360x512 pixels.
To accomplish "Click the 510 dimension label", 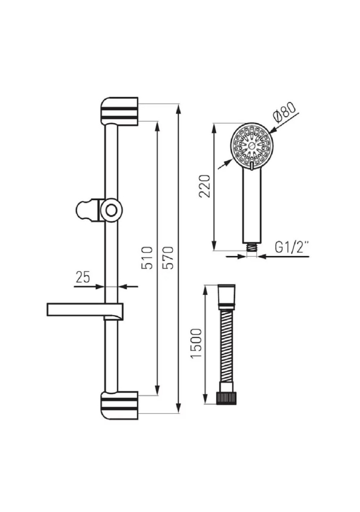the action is tap(147, 258).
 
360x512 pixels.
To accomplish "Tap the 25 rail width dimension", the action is tap(83, 277).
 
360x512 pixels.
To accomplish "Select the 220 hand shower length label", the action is tap(205, 186).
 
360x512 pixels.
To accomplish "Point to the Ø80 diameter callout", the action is tap(284, 112).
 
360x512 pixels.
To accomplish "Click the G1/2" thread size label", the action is tap(292, 247).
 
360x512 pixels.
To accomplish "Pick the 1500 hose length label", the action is tap(197, 343).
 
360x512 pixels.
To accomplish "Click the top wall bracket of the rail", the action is tap(119, 111).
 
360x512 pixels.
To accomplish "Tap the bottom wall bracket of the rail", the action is tap(119, 405).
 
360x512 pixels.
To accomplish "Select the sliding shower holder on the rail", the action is tap(100, 210).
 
